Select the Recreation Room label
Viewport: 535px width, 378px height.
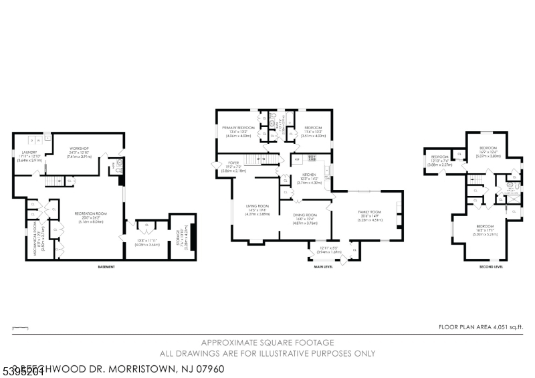(90, 217)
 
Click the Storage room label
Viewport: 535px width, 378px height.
(179, 235)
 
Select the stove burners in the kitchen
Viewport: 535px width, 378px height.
(310, 159)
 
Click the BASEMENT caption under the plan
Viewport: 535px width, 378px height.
(106, 267)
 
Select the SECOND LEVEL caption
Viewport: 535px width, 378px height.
(490, 267)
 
